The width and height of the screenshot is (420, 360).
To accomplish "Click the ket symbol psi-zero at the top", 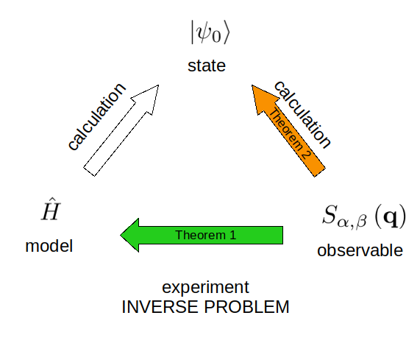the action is click(x=210, y=32).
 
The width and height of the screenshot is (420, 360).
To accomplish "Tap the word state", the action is click(x=207, y=66).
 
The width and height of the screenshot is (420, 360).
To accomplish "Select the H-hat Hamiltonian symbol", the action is click(x=51, y=209).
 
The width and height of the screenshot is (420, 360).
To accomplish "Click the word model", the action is click(x=49, y=246).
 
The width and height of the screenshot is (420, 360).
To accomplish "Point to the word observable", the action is click(x=360, y=250).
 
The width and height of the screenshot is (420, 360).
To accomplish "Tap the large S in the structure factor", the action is click(x=330, y=214).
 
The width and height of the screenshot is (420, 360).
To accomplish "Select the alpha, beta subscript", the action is click(x=352, y=222).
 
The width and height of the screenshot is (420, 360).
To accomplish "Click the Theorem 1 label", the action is click(x=206, y=235).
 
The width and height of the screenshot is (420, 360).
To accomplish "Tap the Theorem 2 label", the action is click(x=290, y=133).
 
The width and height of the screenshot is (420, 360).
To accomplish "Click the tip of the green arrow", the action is click(x=121, y=235).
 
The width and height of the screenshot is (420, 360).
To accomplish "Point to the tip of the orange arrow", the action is click(x=252, y=85).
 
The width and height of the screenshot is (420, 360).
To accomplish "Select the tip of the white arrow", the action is click(x=159, y=85).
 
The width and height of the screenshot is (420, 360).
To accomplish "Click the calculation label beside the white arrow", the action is click(x=96, y=116).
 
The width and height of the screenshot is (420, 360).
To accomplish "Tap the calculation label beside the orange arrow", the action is click(x=302, y=114).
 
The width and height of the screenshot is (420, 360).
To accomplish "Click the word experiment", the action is click(x=206, y=287).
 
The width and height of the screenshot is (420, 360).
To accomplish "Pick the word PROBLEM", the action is click(x=247, y=307).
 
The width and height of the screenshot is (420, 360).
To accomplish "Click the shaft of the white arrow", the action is click(x=115, y=138).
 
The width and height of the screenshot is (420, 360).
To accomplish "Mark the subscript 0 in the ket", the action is click(x=216, y=38).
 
